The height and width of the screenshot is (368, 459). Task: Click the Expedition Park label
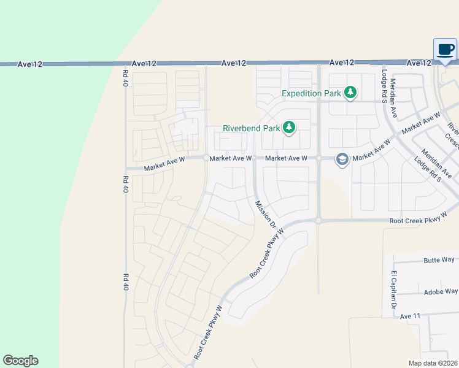(310, 93)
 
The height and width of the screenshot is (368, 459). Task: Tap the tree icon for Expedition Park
(350, 93)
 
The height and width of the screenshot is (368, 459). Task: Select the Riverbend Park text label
(250, 129)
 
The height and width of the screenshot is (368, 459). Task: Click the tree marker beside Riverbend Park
(289, 128)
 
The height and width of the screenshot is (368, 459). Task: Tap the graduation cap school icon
(342, 160)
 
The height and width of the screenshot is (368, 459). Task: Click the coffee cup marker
(445, 49)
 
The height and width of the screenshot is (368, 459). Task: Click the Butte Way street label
(439, 260)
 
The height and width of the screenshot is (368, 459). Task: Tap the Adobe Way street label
(439, 292)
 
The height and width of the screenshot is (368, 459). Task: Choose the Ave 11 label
(410, 316)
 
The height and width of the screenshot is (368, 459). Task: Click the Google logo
(20, 361)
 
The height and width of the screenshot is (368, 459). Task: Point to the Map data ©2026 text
(433, 363)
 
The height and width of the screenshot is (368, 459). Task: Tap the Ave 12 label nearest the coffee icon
(419, 63)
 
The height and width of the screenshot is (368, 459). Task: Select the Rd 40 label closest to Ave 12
(125, 77)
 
